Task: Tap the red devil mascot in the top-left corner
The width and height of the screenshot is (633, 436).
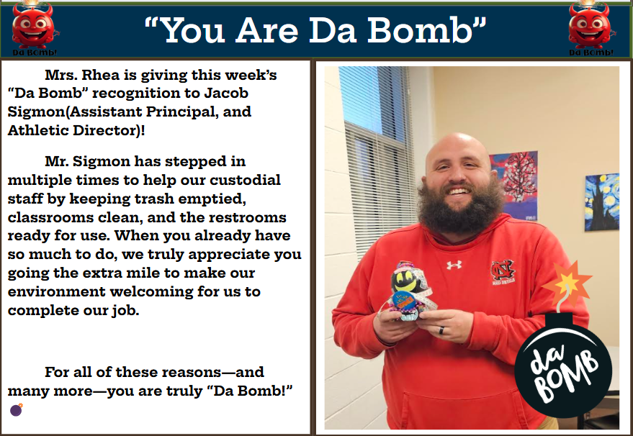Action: coord(34,26)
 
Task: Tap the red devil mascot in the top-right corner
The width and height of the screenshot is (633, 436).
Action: coord(590,26)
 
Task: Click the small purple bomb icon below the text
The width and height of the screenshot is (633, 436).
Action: coord(17,410)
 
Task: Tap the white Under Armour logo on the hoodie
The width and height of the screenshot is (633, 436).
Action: coord(454,265)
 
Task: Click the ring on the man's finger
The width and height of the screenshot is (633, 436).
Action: coord(444,330)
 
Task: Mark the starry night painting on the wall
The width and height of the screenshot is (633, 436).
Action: coord(601,201)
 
